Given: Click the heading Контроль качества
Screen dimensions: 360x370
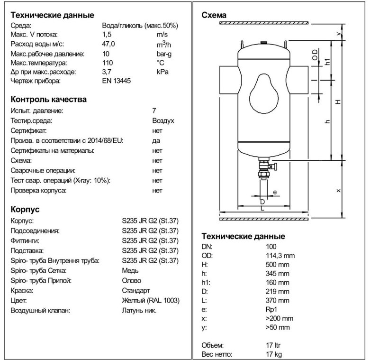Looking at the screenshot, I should pyautogui.click(x=48, y=100).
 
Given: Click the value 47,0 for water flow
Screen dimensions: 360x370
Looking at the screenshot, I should pyautogui.click(x=109, y=44).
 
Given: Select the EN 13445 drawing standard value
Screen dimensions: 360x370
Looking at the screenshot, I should pyautogui.click(x=117, y=81).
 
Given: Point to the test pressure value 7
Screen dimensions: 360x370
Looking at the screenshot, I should pyautogui.click(x=154, y=111).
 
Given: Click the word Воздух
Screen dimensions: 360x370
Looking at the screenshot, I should pyautogui.click(x=163, y=120).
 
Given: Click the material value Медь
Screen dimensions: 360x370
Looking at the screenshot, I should pyautogui.click(x=130, y=270).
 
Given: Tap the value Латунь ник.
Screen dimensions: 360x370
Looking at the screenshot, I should pyautogui.click(x=139, y=311).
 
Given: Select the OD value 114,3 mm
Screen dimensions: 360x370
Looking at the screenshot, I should pyautogui.click(x=281, y=256).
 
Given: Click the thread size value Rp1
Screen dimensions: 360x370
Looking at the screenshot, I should pyautogui.click(x=271, y=309).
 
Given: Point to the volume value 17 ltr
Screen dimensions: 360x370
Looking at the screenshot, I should pyautogui.click(x=275, y=345).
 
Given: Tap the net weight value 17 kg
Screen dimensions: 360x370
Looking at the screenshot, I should pyautogui.click(x=275, y=354).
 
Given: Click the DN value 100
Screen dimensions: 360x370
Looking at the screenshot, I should pyautogui.click(x=271, y=247).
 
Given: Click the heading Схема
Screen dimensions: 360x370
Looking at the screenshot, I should pyautogui.click(x=214, y=16).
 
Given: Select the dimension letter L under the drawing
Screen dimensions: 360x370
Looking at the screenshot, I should pyautogui.click(x=262, y=209).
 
